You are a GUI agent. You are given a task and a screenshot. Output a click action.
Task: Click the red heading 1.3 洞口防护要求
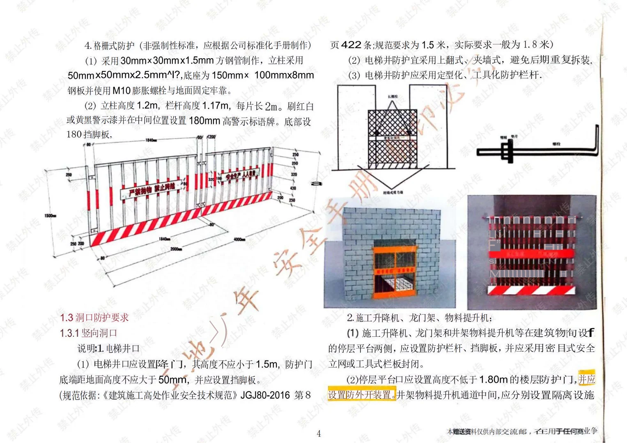94,317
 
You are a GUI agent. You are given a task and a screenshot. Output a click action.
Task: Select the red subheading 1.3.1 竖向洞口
88,333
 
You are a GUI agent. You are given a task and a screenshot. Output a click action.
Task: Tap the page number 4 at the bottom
319,434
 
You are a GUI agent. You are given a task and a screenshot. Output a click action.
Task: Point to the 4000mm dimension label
239,239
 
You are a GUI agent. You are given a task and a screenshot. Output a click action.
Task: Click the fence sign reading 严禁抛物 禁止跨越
152,190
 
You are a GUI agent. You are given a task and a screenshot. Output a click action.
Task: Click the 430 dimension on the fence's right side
293,188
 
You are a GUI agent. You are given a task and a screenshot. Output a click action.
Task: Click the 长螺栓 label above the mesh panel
392,97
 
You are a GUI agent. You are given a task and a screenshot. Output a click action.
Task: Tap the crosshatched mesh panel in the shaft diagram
392,139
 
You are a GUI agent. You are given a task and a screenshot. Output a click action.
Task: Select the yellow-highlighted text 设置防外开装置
362,395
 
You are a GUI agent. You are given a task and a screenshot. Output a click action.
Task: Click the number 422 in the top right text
351,45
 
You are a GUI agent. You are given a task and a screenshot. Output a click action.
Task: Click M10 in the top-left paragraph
121,91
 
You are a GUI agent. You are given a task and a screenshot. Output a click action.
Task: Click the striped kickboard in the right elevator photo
531,290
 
